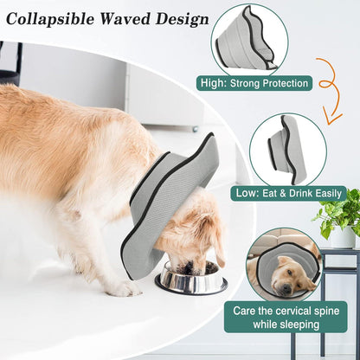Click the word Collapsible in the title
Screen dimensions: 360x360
[50, 19]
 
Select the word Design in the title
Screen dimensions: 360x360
[183, 20]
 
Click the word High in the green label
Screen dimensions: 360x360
[212, 83]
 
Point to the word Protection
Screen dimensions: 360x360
[286, 83]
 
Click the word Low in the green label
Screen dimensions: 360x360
[246, 193]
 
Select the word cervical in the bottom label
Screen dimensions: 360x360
[293, 311]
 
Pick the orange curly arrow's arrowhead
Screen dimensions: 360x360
[331, 116]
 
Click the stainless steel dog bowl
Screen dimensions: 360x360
[191, 277]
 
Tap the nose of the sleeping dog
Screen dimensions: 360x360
[286, 287]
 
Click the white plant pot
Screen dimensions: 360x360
[343, 236]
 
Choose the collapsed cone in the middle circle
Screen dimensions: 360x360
[286, 150]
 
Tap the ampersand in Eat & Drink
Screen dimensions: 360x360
[283, 194]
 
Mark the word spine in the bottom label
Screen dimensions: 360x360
[327, 312]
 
